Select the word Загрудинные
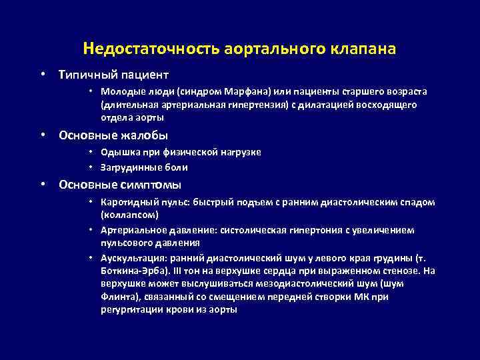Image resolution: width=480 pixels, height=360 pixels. click(x=130, y=167)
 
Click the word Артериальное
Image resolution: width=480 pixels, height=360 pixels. click(x=132, y=229)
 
